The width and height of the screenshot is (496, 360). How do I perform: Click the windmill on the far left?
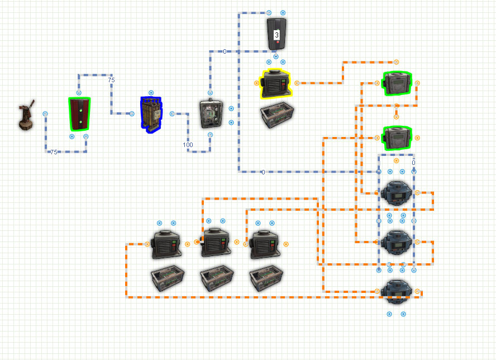coord(26,115)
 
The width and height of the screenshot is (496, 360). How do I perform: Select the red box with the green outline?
coord(79,114)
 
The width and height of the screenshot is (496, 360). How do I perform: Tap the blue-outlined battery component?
coord(151,115)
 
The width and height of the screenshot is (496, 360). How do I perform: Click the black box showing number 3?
coord(276,34)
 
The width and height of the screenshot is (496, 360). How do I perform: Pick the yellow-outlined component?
coord(275,84)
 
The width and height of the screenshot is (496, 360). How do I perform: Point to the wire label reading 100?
coord(188,145)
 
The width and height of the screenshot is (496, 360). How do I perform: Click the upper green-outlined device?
coord(397,83)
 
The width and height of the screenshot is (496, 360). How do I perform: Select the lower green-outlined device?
coord(397,138)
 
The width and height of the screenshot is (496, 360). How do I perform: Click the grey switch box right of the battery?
coord(211,113)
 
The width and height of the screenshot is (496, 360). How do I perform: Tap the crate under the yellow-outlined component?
coord(277,115)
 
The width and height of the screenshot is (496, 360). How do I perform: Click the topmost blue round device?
coord(397,193)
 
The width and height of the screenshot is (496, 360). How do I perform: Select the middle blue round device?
coord(397,243)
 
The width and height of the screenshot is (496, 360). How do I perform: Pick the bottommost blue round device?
coord(397,292)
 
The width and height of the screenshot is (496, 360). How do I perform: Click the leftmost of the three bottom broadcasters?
coord(166,244)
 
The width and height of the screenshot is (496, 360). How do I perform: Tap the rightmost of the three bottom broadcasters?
coord(265,244)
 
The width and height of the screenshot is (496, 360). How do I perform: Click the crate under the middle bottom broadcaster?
coord(217,278)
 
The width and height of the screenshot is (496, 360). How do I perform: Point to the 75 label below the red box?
coord(54,152)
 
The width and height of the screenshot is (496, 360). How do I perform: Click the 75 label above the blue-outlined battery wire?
coord(111,80)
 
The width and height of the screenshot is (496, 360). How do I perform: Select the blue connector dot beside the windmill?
coord(45,113)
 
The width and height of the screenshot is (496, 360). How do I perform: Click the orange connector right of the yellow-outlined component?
coord(297,83)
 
